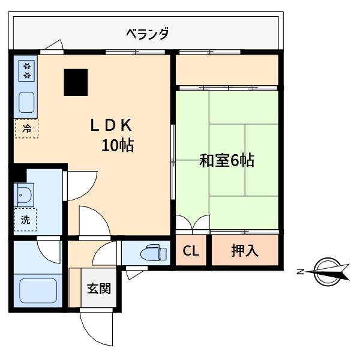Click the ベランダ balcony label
click(148, 34)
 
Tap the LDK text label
click(111, 125)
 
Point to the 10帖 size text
click(118, 145)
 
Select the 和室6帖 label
click(227, 160)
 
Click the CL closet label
click(191, 251)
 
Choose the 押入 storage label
click(245, 250)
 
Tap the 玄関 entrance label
click(99, 289)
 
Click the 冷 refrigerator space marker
click(26, 129)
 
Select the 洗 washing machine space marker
click(25, 220)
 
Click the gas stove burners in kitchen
click(26, 71)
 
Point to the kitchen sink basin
click(26, 103)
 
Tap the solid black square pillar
click(76, 82)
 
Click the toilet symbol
click(154, 253)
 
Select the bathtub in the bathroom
click(38, 290)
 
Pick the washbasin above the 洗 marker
click(24, 194)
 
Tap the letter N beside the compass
click(301, 272)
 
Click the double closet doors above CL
click(193, 222)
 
